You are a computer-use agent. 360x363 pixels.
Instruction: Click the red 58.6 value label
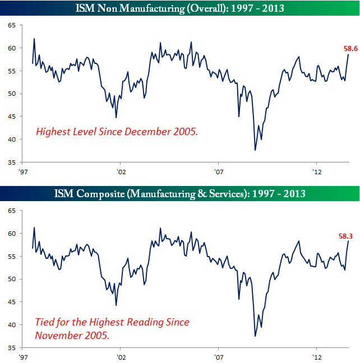350,49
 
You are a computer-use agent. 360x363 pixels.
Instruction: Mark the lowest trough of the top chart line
256,150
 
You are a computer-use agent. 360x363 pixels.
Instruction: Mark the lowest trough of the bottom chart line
256,336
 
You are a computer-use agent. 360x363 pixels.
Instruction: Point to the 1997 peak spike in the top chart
34,39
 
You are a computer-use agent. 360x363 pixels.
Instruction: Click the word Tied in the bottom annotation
46,323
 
